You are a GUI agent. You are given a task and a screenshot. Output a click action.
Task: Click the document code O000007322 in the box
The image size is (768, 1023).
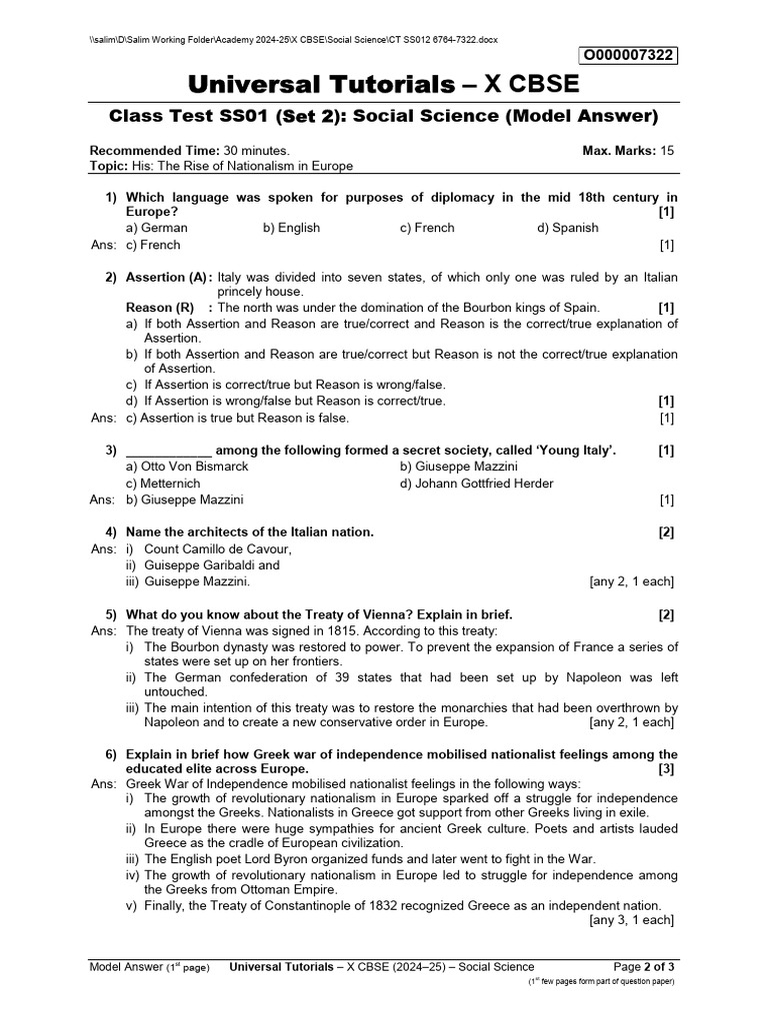[x=627, y=55]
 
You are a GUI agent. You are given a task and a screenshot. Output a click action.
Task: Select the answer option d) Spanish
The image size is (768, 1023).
[x=567, y=228]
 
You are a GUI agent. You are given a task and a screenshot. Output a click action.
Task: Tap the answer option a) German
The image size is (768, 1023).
[x=157, y=228]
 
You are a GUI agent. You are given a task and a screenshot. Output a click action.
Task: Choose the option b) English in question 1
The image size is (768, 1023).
[x=291, y=228]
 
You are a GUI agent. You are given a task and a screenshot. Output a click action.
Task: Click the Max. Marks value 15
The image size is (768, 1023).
[x=668, y=150]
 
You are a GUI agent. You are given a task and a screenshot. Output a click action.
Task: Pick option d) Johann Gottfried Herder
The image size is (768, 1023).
[x=476, y=484]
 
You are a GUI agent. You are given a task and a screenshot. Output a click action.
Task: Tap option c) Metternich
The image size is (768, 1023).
[x=164, y=484]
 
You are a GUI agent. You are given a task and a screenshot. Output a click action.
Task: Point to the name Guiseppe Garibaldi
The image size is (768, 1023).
[x=198, y=564]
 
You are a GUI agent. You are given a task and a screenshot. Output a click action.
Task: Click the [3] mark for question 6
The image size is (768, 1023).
[x=667, y=770]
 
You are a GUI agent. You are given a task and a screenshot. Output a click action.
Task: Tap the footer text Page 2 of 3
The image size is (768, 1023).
[x=645, y=966]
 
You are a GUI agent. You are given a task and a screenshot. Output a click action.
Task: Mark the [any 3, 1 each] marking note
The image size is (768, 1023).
[x=632, y=921]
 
